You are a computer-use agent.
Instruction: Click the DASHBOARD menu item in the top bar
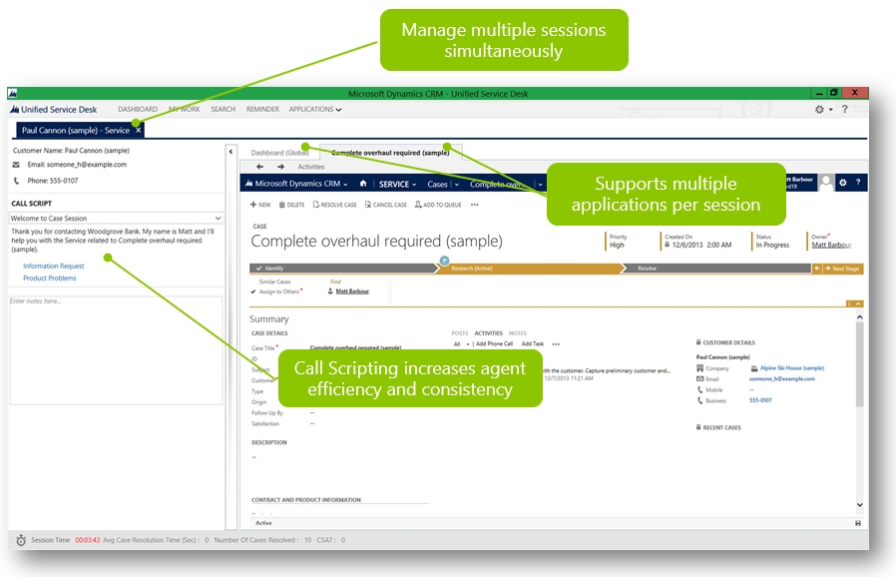click(x=138, y=109)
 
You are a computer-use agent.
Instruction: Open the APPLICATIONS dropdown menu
click(x=315, y=109)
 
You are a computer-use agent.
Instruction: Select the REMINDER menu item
click(x=262, y=109)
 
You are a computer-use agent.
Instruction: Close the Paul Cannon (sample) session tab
click(x=139, y=130)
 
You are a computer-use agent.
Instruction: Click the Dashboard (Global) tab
click(x=279, y=153)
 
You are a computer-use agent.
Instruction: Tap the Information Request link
click(x=54, y=266)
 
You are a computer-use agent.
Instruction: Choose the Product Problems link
click(x=50, y=279)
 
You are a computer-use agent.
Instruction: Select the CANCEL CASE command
click(x=385, y=205)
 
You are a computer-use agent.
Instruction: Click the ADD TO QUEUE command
click(x=438, y=205)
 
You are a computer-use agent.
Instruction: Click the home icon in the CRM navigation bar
click(x=362, y=184)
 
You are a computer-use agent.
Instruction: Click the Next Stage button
click(x=844, y=269)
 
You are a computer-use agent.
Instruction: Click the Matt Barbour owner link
click(x=831, y=245)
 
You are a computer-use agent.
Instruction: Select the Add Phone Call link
click(x=494, y=343)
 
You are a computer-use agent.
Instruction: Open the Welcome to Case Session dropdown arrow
click(x=218, y=218)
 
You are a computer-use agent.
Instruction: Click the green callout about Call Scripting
click(x=409, y=378)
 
